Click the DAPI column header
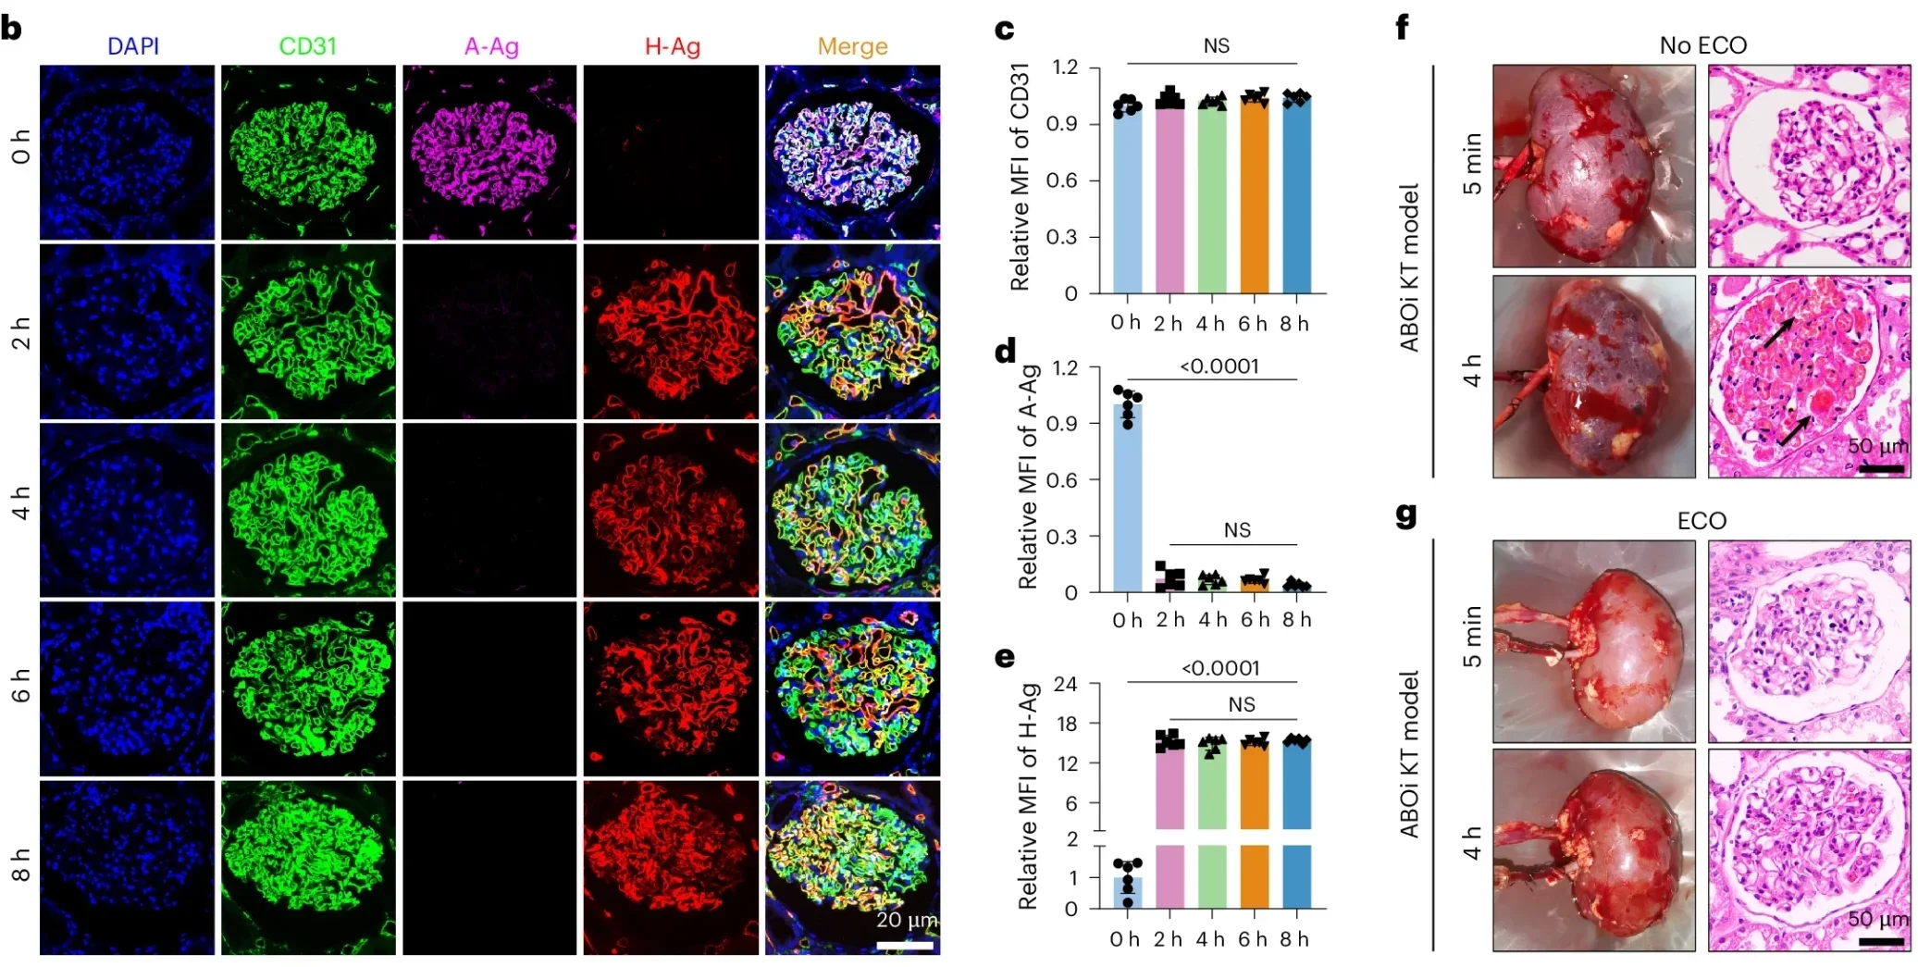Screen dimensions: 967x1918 coord(133,46)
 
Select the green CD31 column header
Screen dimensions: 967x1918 coord(307,46)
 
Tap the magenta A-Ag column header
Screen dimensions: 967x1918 coord(491,46)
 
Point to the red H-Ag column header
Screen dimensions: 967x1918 coord(672,46)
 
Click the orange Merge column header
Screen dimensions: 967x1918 coord(852,46)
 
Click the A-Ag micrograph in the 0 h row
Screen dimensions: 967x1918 coord(489,153)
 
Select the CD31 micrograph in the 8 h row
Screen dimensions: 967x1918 coord(308,867)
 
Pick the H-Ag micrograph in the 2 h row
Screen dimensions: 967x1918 coord(671,331)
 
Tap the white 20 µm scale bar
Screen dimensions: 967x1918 coord(904,945)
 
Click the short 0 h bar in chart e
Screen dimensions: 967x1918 coord(1127,892)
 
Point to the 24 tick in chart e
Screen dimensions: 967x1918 coord(1066,684)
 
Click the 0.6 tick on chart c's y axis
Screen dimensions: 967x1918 coord(1061,180)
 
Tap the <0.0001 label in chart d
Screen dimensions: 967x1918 coord(1219,366)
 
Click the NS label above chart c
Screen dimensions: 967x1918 coord(1216,46)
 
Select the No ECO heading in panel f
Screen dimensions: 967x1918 coord(1702,45)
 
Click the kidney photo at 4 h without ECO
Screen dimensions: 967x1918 coord(1593,377)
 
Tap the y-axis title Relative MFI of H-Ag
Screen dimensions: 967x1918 coord(1027,796)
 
